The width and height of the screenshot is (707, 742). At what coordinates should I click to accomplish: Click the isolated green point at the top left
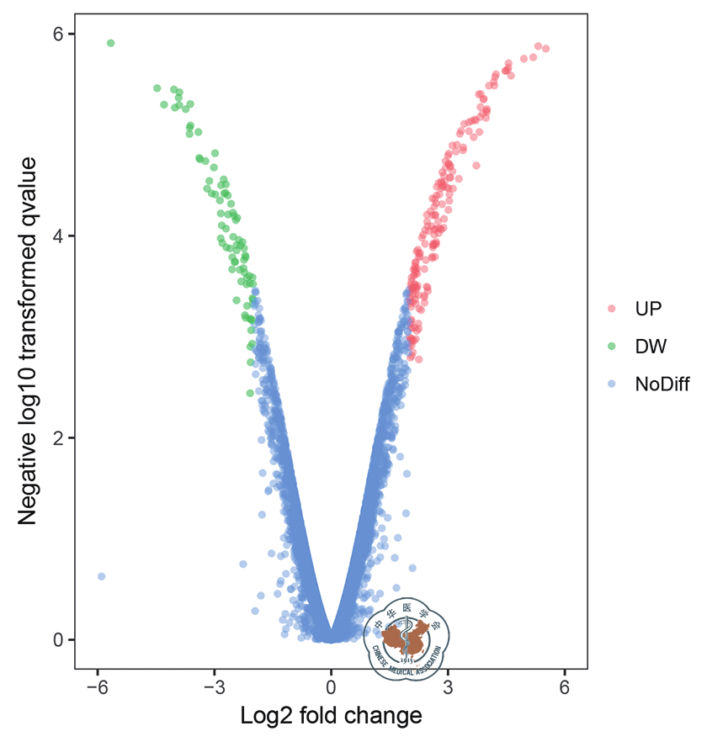[110, 43]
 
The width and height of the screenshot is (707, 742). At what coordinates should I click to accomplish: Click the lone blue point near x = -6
[101, 576]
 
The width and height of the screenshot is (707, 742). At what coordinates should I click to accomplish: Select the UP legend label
[648, 308]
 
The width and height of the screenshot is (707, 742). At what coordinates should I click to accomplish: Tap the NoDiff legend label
[662, 384]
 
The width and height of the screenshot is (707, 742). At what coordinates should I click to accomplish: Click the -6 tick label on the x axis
[97, 687]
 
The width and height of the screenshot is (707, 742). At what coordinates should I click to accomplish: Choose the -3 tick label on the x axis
[213, 687]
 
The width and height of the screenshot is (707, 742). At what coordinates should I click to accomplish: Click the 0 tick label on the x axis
[331, 687]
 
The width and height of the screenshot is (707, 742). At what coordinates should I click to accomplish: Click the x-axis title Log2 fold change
[331, 717]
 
